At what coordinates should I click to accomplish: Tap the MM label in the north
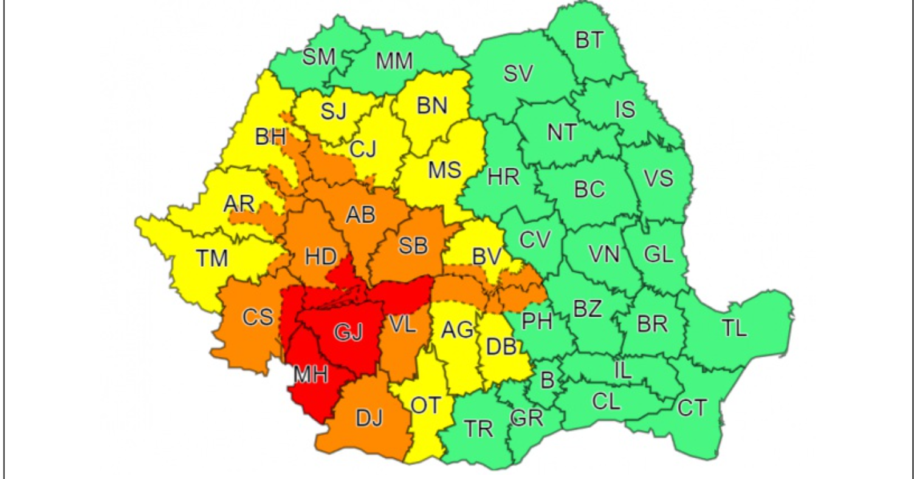[394, 61]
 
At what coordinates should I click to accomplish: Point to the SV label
[518, 74]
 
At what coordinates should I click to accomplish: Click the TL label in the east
[734, 329]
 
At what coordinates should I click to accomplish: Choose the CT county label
[692, 408]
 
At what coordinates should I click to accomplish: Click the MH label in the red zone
[311, 374]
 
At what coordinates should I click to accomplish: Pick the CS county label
[258, 317]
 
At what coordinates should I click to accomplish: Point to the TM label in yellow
[211, 258]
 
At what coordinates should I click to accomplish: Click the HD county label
[320, 257]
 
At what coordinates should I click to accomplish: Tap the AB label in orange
[360, 215]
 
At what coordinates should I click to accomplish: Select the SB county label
[413, 246]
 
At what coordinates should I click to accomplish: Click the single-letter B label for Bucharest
[547, 381]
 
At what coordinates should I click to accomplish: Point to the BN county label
[431, 106]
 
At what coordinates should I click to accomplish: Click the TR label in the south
[479, 429]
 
